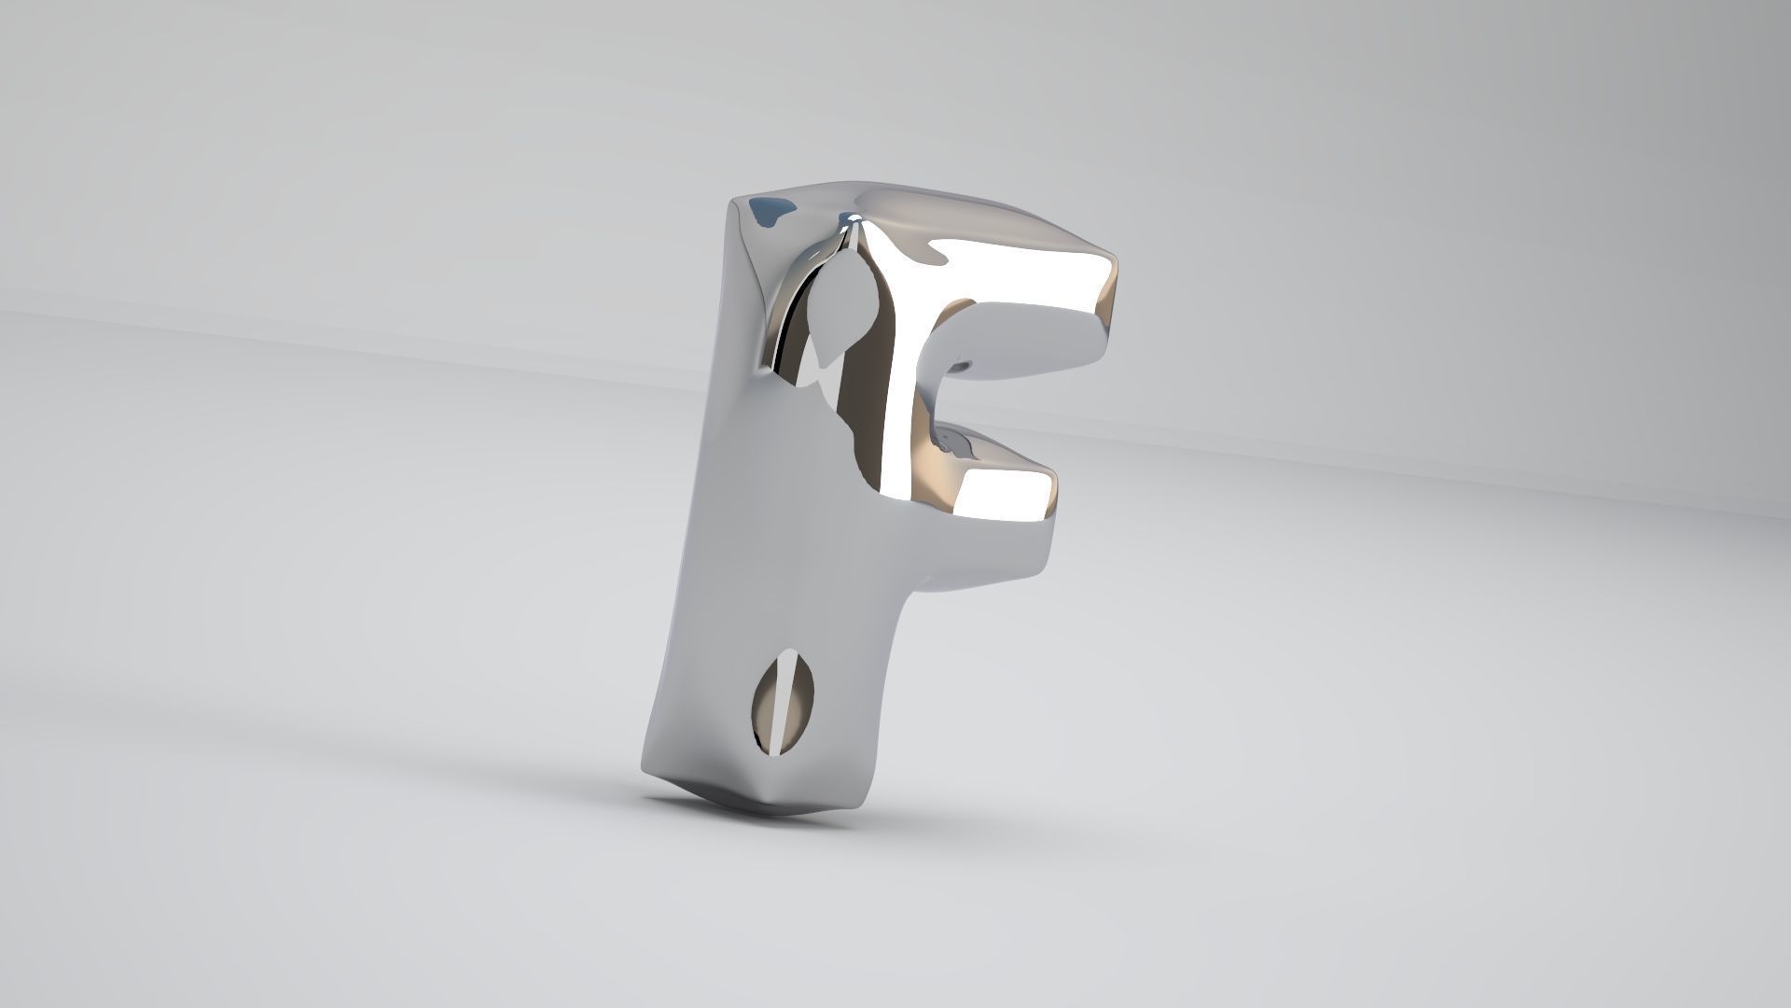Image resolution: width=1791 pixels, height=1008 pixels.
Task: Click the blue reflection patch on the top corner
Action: pos(771,212)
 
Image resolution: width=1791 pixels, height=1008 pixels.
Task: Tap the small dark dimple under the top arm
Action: pos(965,363)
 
